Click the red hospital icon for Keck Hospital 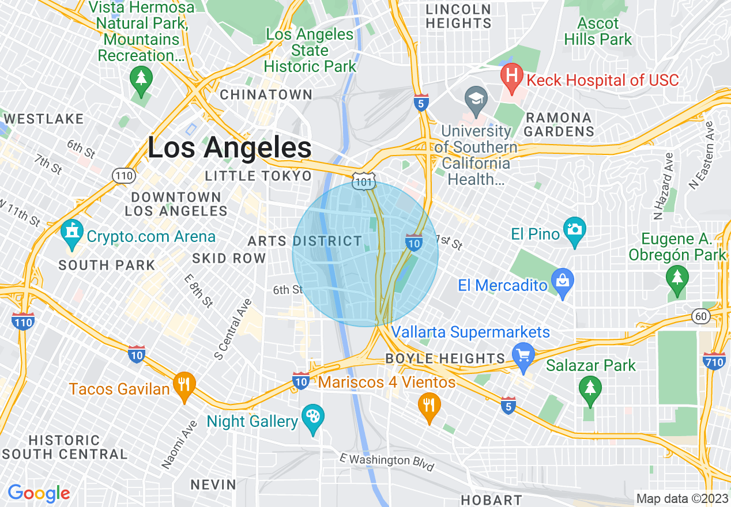tap(510, 77)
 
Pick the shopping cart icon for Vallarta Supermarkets tap(523, 355)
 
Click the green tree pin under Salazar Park tap(589, 388)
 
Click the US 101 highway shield tap(365, 179)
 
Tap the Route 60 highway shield tap(700, 316)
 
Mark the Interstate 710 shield tap(714, 361)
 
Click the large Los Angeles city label tap(229, 147)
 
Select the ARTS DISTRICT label tap(305, 241)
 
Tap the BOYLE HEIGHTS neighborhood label tap(445, 358)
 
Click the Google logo tap(39, 493)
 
